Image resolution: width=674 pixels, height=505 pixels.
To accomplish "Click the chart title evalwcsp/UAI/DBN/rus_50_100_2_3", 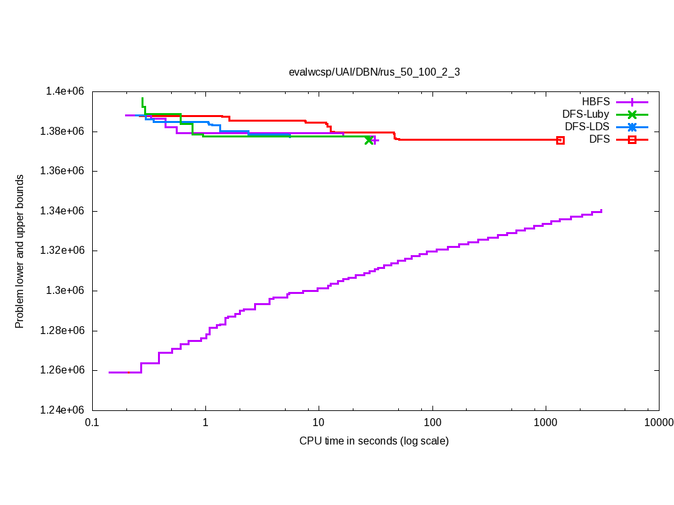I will (375, 72).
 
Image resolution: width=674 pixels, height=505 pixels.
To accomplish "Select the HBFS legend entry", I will (596, 102).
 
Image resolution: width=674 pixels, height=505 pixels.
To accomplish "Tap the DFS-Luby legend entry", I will (585, 114).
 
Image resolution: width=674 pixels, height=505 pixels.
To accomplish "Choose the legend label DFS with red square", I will (600, 139).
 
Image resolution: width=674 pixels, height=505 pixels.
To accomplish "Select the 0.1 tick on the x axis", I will (92, 421).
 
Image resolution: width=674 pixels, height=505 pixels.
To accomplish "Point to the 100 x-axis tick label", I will (432, 421).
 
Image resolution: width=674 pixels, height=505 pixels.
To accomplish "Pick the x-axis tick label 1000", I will (546, 421).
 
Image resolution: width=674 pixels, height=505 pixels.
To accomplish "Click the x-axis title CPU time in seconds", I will (374, 441).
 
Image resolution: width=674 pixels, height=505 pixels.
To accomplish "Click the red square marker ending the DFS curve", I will (560, 140).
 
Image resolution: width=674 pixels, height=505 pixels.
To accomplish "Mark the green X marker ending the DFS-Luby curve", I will (369, 140).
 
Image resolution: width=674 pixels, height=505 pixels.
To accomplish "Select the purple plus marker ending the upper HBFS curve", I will (375, 140).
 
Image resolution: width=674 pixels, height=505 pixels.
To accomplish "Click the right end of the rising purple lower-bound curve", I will (602, 210).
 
